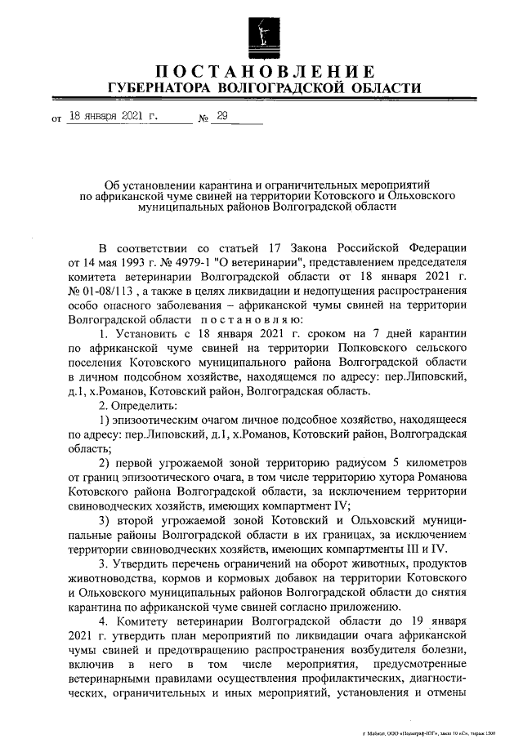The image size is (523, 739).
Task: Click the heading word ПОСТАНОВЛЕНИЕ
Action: [266, 71]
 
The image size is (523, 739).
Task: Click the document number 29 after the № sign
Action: [220, 117]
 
